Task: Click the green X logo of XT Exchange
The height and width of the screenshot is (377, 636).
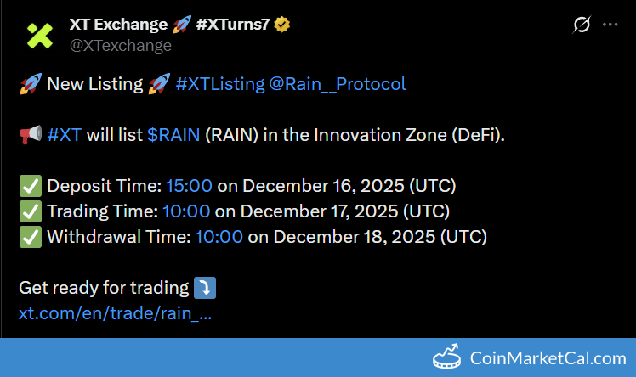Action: point(40,36)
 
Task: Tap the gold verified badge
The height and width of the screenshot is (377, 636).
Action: point(282,25)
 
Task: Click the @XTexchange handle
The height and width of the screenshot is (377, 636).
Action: point(121,45)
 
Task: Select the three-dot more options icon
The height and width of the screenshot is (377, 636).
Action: point(610,25)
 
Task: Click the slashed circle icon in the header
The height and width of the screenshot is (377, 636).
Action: point(582,25)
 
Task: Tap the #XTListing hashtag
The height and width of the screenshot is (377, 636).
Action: point(220,84)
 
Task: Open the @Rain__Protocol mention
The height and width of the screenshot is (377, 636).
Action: point(338,84)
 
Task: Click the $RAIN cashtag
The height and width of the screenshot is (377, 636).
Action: point(173,135)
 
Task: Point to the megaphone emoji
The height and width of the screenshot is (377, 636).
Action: point(31,134)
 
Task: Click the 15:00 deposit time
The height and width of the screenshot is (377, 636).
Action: point(189,186)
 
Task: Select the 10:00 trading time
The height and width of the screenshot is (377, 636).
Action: point(186,211)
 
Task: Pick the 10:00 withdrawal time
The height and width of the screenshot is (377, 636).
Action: point(219,237)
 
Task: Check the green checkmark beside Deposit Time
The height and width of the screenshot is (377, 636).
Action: point(31,186)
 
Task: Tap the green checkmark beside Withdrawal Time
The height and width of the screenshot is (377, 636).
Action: point(31,237)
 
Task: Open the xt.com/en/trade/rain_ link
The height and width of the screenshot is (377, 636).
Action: point(115,313)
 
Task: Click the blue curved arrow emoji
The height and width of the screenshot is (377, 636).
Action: point(205,288)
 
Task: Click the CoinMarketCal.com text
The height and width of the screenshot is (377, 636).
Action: point(548,358)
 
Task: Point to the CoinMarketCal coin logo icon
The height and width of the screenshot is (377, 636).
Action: point(446,357)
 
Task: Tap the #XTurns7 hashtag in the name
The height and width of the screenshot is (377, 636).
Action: point(233,25)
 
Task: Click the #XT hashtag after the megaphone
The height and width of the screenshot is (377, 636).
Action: point(65,135)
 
